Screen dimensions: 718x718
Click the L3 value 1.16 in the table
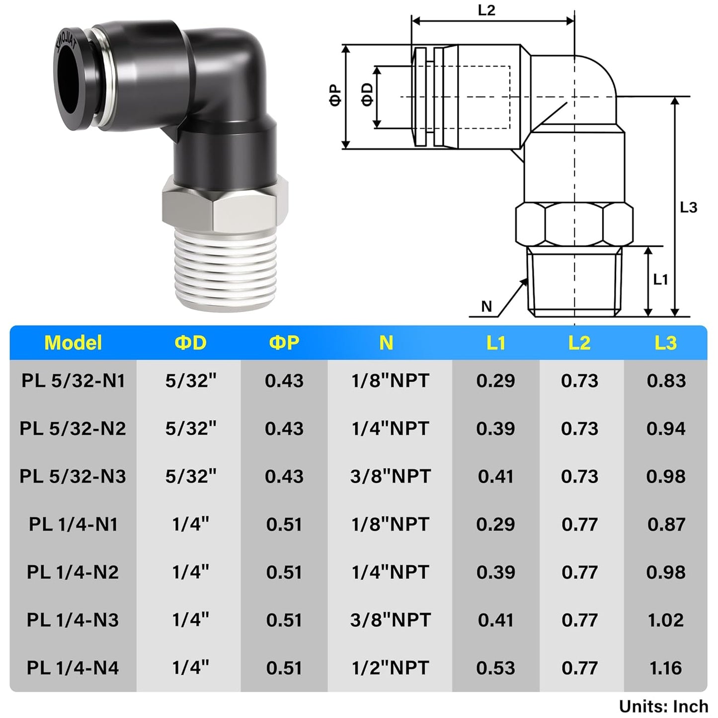[x=665, y=668]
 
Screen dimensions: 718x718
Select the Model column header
[x=73, y=343]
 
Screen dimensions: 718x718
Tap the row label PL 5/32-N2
[x=73, y=428]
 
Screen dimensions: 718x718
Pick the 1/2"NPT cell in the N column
[x=390, y=668]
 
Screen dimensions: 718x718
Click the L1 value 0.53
[x=495, y=668]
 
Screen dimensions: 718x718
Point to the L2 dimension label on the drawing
[x=486, y=10]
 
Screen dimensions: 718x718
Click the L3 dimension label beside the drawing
[x=688, y=207]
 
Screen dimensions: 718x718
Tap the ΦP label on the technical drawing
[x=335, y=95]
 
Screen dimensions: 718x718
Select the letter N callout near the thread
[x=486, y=307]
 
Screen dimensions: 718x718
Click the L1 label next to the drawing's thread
[x=660, y=280]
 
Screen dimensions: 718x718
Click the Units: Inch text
[x=663, y=706]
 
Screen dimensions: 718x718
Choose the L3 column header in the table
[x=665, y=343]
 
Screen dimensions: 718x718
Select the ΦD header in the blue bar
[x=191, y=343]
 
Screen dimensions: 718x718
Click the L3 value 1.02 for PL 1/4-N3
[x=665, y=620]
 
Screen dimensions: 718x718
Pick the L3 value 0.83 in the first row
[x=666, y=381]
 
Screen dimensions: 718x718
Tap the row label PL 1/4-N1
[x=73, y=524]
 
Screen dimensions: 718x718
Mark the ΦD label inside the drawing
[x=367, y=94]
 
